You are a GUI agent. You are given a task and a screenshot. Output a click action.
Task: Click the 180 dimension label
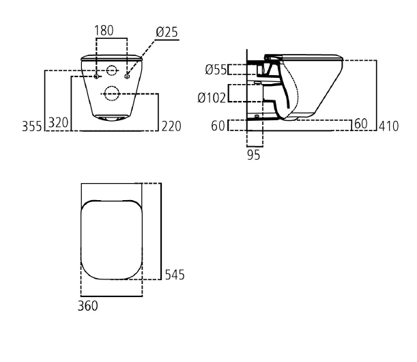pyautogui.click(x=104, y=30)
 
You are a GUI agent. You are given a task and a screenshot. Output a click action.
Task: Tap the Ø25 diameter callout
pyautogui.click(x=167, y=32)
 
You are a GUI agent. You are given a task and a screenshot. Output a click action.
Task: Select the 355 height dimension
pyautogui.click(x=32, y=126)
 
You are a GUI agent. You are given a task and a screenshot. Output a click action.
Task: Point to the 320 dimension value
pyautogui.click(x=58, y=123)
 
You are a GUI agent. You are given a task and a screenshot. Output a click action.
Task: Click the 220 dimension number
pyautogui.click(x=171, y=126)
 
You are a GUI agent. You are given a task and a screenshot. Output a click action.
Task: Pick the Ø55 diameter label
pyautogui.click(x=216, y=70)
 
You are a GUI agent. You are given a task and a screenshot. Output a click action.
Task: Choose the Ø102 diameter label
pyautogui.click(x=212, y=98)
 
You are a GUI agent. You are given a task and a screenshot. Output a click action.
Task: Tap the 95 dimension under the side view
pyautogui.click(x=253, y=155)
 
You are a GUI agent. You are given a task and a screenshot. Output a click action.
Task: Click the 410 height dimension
pyautogui.click(x=389, y=126)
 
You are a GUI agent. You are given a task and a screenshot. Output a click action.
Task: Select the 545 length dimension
pyautogui.click(x=175, y=275)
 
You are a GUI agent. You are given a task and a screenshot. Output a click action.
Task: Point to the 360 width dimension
pyautogui.click(x=88, y=306)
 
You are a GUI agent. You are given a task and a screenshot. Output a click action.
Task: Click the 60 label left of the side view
pyautogui.click(x=218, y=126)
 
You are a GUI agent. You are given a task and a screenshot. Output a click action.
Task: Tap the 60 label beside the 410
pyautogui.click(x=361, y=124)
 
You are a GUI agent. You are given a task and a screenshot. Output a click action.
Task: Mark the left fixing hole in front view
pyautogui.click(x=96, y=76)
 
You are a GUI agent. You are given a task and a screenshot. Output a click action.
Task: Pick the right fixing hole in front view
pyautogui.click(x=127, y=76)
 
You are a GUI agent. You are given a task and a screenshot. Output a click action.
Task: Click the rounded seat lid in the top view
pyautogui.click(x=111, y=240)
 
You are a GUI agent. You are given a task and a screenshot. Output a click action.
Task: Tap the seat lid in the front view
pyautogui.click(x=111, y=57)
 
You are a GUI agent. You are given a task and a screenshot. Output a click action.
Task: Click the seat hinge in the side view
pyautogui.click(x=268, y=58)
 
